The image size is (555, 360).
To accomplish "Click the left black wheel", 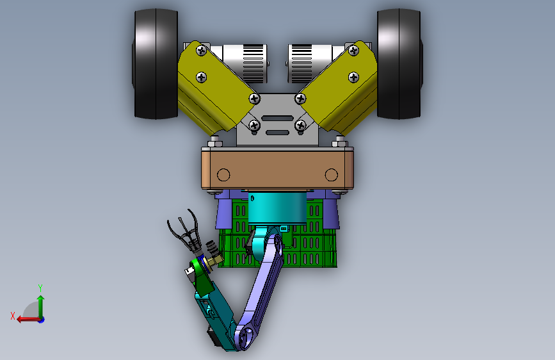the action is pos(156,64).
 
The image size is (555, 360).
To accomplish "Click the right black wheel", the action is pos(399,64).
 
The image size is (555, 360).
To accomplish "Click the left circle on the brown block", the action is pos(223,175).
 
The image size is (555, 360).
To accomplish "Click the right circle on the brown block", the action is pos(332,175).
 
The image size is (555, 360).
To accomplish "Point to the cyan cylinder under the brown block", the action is pos(277,208).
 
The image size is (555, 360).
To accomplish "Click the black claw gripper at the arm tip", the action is pos(186,232).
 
